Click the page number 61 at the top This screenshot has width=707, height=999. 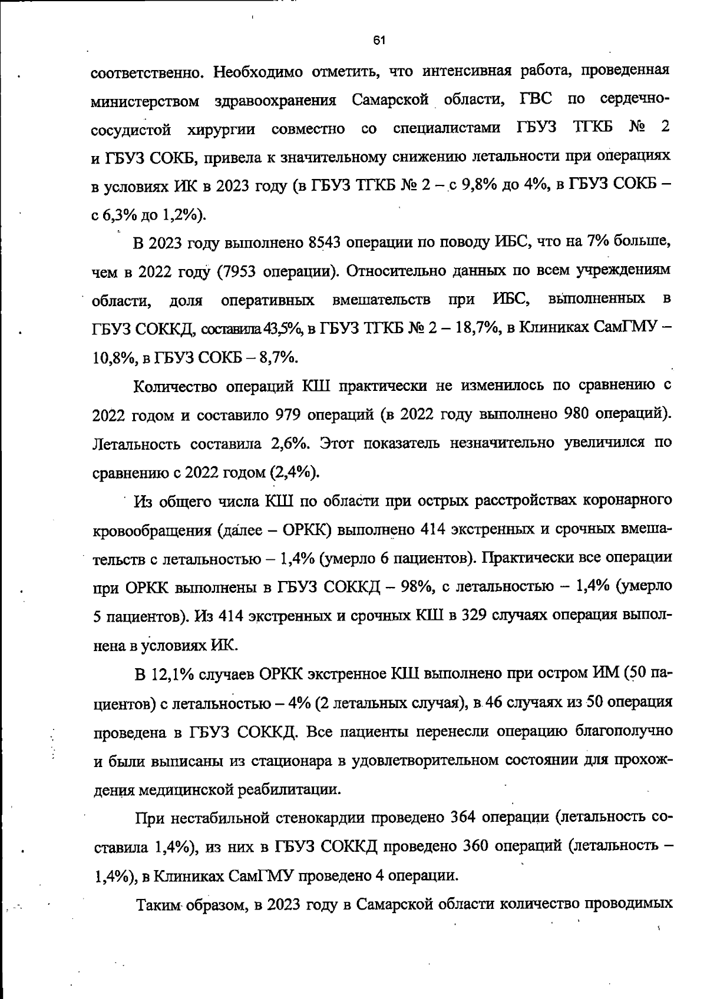379,41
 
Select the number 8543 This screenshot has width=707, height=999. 325,243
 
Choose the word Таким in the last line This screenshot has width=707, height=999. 158,904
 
